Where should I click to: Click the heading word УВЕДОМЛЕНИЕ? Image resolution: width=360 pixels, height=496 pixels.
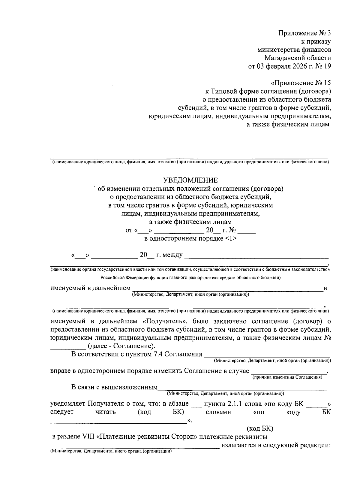190,180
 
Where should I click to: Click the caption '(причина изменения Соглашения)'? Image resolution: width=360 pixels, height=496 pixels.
287,377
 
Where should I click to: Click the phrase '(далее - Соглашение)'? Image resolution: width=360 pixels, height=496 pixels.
121,346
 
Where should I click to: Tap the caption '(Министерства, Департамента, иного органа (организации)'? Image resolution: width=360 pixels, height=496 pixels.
111,451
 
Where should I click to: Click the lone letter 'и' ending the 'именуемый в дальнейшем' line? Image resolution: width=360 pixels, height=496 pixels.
325,288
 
